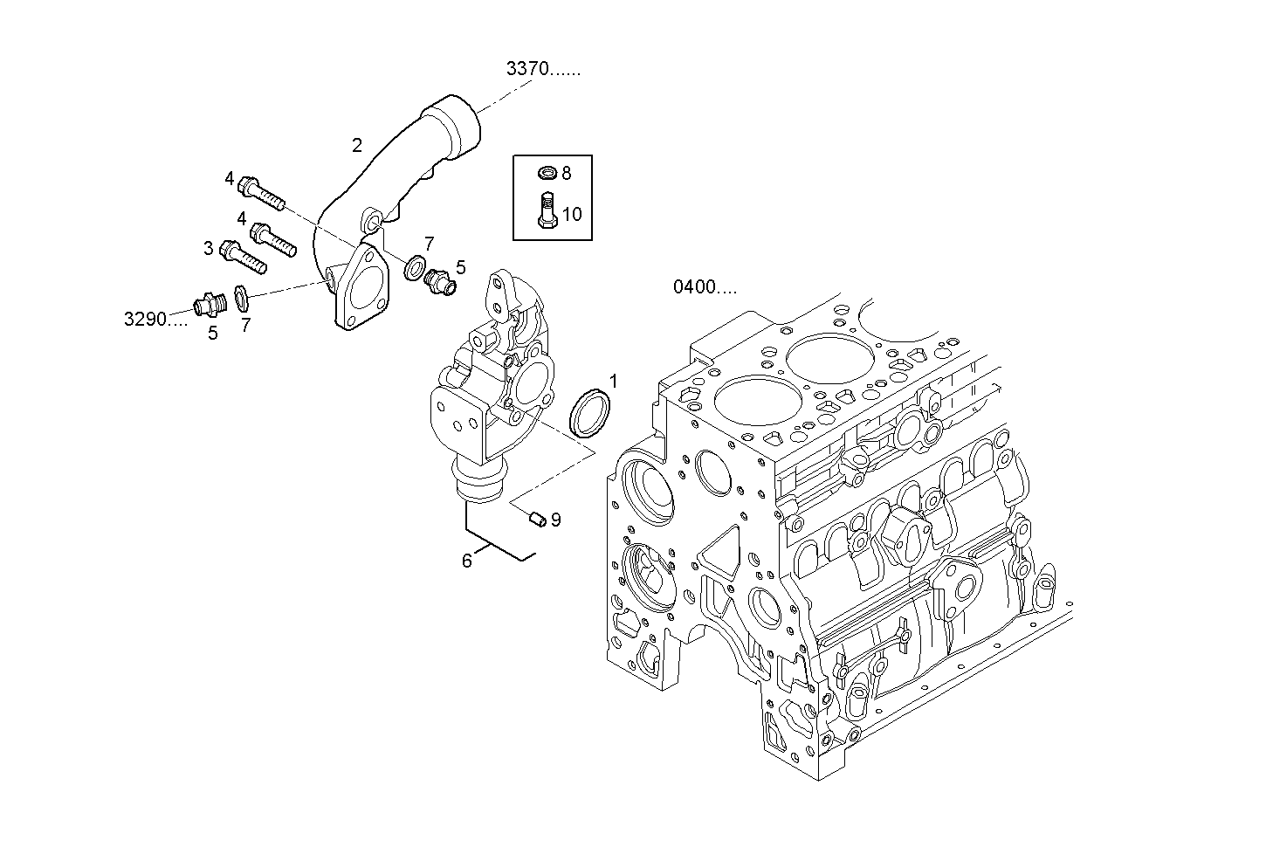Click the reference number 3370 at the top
pos(542,70)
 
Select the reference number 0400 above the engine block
pos(704,286)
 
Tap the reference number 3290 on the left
pos(155,319)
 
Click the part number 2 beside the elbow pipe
pos(356,145)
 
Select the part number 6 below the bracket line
pos(467,561)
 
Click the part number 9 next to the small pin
pos(555,520)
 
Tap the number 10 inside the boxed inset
pos(571,214)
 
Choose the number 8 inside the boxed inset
pos(566,173)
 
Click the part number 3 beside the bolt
pos(208,249)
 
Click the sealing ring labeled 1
pos(590,413)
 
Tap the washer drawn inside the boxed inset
pos(547,173)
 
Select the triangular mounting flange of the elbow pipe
pos(360,288)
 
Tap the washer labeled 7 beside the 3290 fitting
pos(244,298)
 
